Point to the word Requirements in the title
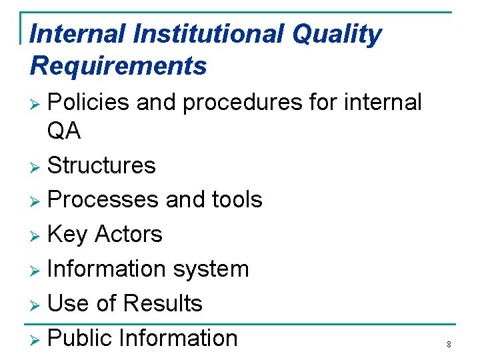point(118,66)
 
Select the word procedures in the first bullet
point(246,103)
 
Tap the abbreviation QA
point(64,131)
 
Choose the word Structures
point(101,165)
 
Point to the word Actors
point(128,234)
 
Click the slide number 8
point(449,345)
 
